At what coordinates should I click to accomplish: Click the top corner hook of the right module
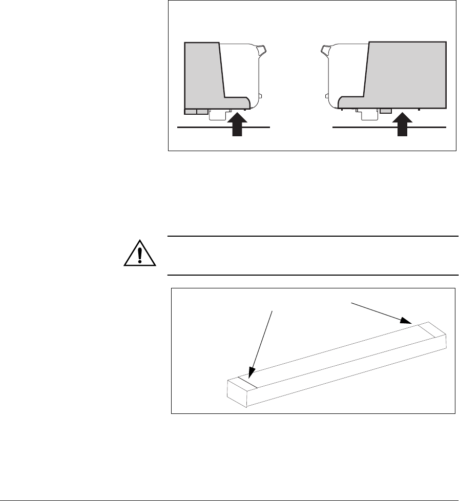coord(325,50)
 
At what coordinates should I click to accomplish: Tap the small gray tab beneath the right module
coord(385,111)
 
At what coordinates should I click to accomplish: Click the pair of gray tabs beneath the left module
coord(196,111)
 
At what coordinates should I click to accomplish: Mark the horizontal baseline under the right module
coord(359,126)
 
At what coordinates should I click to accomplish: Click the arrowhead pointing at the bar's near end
coord(251,373)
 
